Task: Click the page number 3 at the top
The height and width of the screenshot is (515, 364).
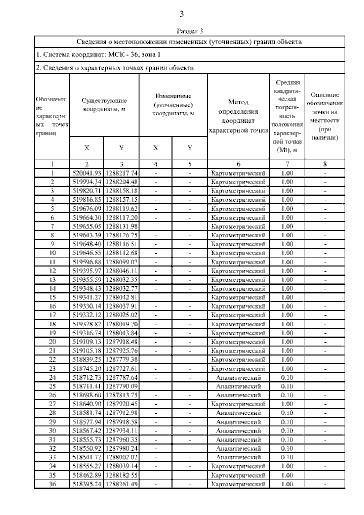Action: (x=181, y=14)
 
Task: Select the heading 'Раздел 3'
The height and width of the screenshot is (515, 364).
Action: (x=190, y=31)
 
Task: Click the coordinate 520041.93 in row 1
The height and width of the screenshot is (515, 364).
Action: (x=87, y=173)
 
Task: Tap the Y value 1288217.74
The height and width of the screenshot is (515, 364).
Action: (x=121, y=173)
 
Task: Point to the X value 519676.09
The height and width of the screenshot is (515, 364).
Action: (x=87, y=209)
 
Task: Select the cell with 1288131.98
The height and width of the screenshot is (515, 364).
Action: (x=121, y=226)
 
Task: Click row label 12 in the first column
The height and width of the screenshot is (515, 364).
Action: (x=52, y=271)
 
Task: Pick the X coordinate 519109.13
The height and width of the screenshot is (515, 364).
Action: (x=87, y=342)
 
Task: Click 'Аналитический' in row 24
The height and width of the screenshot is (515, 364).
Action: (x=238, y=377)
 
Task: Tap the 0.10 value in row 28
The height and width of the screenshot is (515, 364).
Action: (x=287, y=413)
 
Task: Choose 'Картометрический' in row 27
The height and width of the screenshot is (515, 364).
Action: (x=238, y=404)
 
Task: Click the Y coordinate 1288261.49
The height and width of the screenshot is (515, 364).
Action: (x=121, y=484)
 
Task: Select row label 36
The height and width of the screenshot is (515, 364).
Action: (x=52, y=484)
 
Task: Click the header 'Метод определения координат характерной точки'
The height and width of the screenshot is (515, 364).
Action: (x=238, y=116)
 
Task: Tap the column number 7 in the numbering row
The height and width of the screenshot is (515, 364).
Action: (x=287, y=164)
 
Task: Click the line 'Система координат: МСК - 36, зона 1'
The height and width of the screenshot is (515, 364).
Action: (x=98, y=55)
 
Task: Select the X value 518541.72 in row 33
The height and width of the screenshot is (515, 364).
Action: (x=87, y=457)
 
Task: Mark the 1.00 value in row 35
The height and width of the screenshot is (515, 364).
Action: (x=287, y=475)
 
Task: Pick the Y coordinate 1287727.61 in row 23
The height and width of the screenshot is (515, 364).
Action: (x=121, y=368)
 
